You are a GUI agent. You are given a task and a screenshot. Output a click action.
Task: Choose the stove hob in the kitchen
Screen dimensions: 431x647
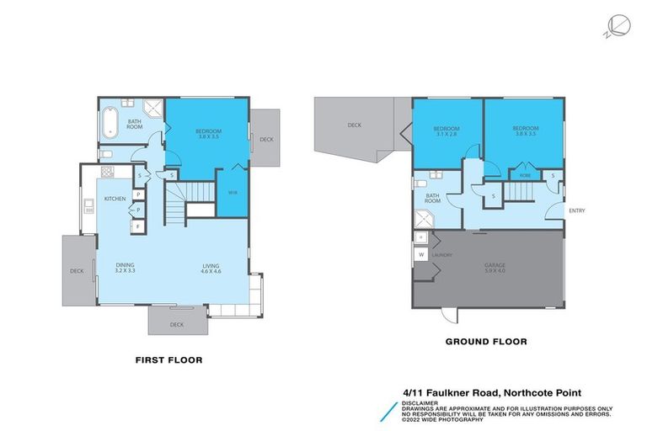(x=108, y=172)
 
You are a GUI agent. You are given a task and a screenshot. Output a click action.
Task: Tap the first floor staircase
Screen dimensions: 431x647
(x=179, y=205)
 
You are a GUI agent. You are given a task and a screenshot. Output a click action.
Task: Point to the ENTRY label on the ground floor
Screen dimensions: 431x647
(x=576, y=210)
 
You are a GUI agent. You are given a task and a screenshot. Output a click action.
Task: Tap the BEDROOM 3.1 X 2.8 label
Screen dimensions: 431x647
(x=447, y=131)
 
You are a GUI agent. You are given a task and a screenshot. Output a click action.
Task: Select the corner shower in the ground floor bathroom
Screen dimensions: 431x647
(x=420, y=237)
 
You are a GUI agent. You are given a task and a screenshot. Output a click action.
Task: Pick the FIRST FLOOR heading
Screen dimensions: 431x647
(x=168, y=360)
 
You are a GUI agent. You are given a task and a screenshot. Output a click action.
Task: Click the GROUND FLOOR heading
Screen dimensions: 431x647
(x=487, y=342)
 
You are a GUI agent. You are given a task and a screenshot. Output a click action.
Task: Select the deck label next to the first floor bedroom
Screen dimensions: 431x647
(x=265, y=140)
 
